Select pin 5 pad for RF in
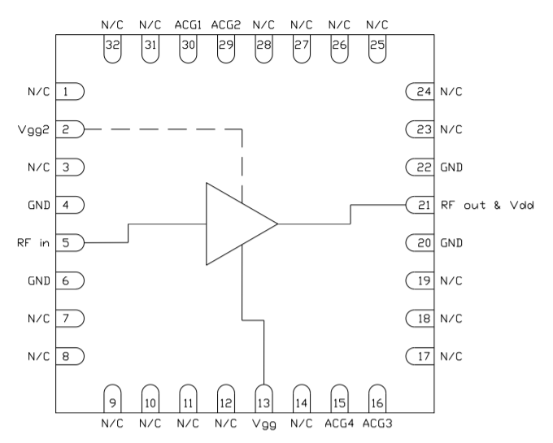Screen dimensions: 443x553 pyautogui.click(x=71, y=242)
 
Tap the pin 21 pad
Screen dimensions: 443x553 pyautogui.click(x=420, y=205)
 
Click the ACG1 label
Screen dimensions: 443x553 pyautogui.click(x=188, y=26)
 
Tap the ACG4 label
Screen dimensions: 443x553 pyautogui.click(x=338, y=424)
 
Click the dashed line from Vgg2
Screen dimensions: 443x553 pyautogui.click(x=163, y=129)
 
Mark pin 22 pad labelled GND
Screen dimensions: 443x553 pyautogui.click(x=420, y=167)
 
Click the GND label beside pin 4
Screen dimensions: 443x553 pyautogui.click(x=39, y=205)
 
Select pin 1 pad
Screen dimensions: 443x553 pyautogui.click(x=71, y=91)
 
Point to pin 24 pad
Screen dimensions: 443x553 pyautogui.click(x=420, y=91)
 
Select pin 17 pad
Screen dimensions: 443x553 pyautogui.click(x=420, y=355)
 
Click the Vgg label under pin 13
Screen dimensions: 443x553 pyautogui.click(x=263, y=424)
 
